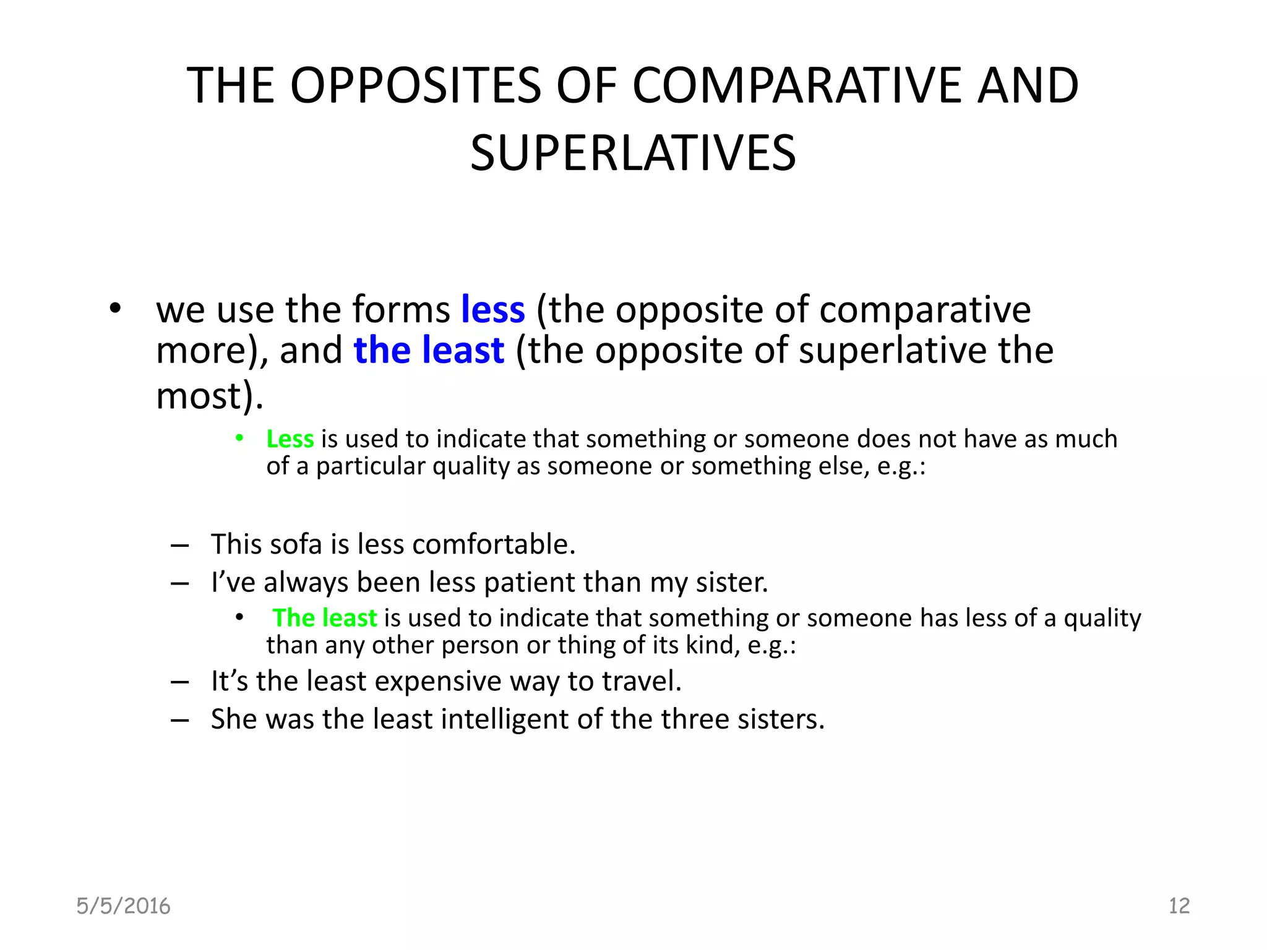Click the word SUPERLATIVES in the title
tap(633, 153)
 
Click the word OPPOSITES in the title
tap(416, 85)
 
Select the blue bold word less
tap(493, 309)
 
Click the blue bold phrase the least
tap(429, 350)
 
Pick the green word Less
tap(290, 439)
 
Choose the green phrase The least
tap(325, 618)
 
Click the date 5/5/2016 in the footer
tap(123, 906)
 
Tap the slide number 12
tap(1179, 906)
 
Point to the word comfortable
tap(493, 544)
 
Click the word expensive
tap(438, 682)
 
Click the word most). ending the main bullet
tap(209, 396)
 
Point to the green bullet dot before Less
tap(239, 439)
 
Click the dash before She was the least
tap(180, 720)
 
